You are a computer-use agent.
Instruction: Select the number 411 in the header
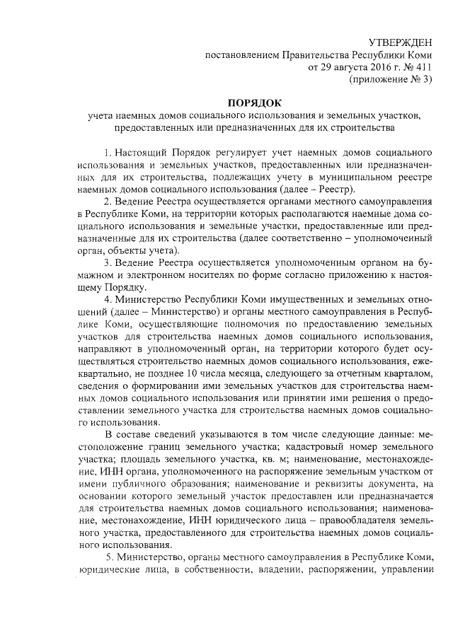tap(422, 67)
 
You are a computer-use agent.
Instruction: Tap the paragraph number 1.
tap(107, 152)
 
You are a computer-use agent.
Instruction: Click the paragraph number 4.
tap(107, 299)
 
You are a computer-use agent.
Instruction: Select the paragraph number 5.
tap(107, 557)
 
